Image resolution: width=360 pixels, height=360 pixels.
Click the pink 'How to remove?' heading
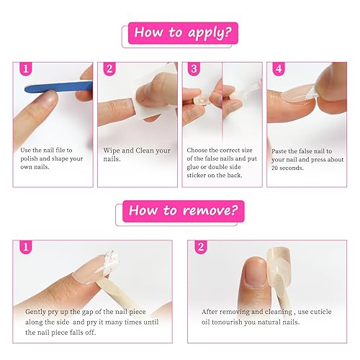tap(179, 211)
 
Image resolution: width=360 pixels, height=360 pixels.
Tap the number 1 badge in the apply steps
tap(24, 69)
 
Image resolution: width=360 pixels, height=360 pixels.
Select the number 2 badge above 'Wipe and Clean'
tap(109, 69)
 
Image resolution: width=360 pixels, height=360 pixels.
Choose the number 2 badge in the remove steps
tap(201, 248)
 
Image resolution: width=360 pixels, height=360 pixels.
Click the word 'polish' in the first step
tap(32, 158)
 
